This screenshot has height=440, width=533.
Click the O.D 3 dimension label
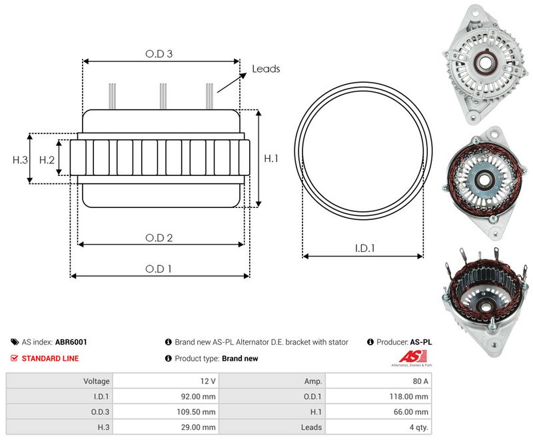pyautogui.click(x=159, y=54)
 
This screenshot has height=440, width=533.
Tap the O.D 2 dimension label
pyautogui.click(x=159, y=238)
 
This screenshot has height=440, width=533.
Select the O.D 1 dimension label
pyautogui.click(x=159, y=269)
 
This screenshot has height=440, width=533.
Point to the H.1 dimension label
pyautogui.click(x=271, y=158)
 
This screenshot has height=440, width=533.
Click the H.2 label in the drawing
pyautogui.click(x=47, y=160)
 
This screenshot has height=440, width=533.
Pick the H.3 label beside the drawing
pyautogui.click(x=20, y=160)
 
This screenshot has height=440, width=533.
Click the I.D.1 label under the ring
pyautogui.click(x=364, y=248)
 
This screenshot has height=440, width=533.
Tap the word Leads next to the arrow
pyautogui.click(x=266, y=69)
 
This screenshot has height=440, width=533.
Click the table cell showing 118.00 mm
pyautogui.click(x=378, y=397)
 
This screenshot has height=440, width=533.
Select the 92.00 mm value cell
pyautogui.click(x=165, y=397)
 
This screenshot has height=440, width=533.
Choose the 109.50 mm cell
pyautogui.click(x=165, y=412)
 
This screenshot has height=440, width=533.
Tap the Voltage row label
pyautogui.click(x=97, y=381)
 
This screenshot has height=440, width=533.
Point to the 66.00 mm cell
pyautogui.click(x=378, y=412)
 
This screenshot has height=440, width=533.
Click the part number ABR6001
pyautogui.click(x=71, y=342)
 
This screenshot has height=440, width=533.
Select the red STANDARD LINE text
pyautogui.click(x=51, y=359)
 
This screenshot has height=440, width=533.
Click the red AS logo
pyautogui.click(x=412, y=357)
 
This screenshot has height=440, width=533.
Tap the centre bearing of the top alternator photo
pyautogui.click(x=485, y=62)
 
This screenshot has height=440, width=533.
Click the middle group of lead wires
pyautogui.click(x=163, y=96)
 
